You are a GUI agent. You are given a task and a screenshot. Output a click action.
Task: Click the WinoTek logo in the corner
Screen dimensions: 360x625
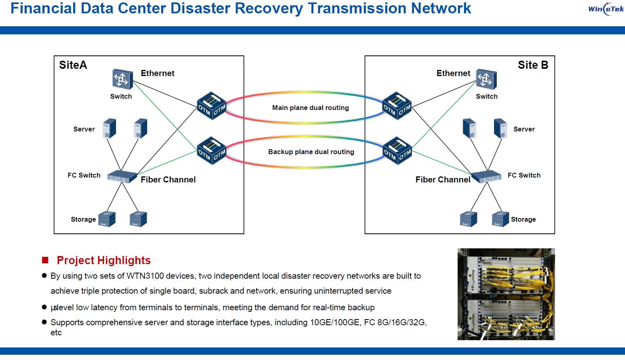point(606,9)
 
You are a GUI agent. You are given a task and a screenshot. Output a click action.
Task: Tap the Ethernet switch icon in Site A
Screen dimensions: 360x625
point(122,79)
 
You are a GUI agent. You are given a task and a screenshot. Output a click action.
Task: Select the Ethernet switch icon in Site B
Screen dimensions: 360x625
point(486,79)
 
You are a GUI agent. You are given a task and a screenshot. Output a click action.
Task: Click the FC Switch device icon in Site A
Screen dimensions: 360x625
point(122,176)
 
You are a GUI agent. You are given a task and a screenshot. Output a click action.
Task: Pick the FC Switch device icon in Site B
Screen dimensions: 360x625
point(486,176)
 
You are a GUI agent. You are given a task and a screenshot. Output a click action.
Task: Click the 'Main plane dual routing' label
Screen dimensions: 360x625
point(310,108)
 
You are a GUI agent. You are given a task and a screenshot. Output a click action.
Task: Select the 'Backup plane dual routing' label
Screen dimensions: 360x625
point(311,152)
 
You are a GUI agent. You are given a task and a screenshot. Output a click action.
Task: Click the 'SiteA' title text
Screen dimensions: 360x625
point(73,65)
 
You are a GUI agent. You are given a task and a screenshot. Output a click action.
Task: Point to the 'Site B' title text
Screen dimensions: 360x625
point(533,65)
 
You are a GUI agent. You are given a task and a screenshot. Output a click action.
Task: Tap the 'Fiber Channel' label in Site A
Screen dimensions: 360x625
point(168,180)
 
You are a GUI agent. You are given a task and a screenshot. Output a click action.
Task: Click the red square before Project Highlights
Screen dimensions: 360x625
point(45,260)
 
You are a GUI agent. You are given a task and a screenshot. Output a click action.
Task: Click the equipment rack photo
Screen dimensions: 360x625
point(506,294)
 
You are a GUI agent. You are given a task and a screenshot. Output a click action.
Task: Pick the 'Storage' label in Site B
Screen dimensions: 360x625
point(523,219)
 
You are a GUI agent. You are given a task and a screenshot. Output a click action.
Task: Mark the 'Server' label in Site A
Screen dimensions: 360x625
point(84,129)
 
